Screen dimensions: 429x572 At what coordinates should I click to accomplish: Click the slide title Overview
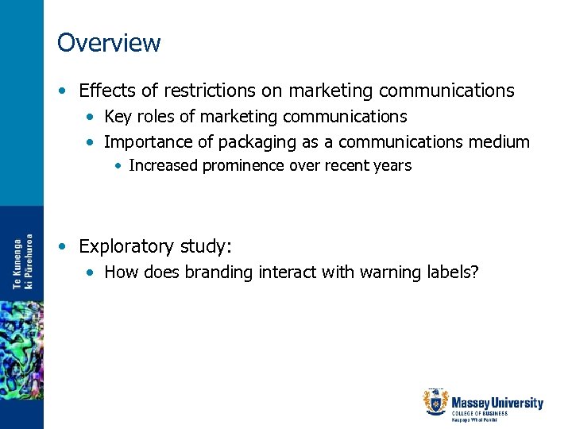(x=109, y=42)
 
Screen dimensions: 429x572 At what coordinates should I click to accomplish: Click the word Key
(x=118, y=117)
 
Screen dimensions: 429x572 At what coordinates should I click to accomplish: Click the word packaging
(x=230, y=143)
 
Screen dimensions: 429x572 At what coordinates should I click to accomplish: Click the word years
(x=393, y=165)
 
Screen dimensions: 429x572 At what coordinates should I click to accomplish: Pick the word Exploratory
(x=128, y=245)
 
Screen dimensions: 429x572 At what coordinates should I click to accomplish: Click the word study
(x=207, y=245)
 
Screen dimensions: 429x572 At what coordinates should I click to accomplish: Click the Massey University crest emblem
(x=436, y=403)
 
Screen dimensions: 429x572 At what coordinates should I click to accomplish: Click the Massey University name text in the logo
(x=497, y=403)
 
